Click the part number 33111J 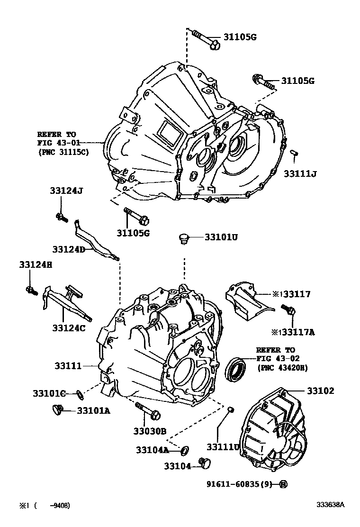coord(300,174)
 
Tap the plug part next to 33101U coord(184,238)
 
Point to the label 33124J coord(66,191)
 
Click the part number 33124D coord(68,249)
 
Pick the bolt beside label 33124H coord(32,290)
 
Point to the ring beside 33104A coord(185,448)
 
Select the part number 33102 coord(320,391)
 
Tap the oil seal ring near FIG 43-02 coord(235,370)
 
